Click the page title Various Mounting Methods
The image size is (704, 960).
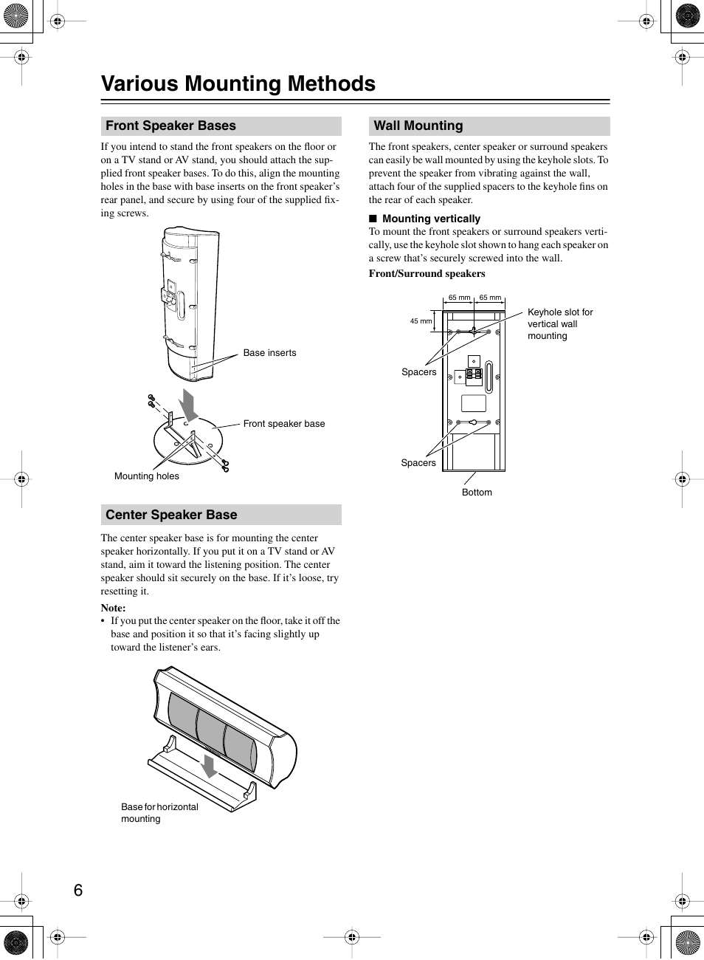pos(238,84)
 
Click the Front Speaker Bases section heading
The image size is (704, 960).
pos(170,126)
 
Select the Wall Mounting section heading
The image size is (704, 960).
pos(418,126)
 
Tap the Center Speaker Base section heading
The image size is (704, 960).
pos(171,515)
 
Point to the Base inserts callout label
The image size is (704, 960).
pos(269,353)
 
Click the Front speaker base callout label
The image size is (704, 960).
pos(283,424)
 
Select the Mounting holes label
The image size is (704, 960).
pos(146,476)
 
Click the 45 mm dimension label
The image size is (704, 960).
pos(421,321)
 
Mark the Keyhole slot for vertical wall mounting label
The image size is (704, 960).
pos(559,324)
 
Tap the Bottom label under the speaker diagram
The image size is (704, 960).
pos(477,493)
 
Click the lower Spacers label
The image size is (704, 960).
pos(418,463)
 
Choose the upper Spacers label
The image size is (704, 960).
pos(418,372)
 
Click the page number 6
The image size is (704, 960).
pos(78,891)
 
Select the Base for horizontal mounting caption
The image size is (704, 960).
pos(159,813)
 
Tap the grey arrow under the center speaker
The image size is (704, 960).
pos(210,767)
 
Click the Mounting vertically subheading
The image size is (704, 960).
pos(431,219)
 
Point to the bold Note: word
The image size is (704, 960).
pos(113,608)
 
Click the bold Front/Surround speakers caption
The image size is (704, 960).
pos(427,274)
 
